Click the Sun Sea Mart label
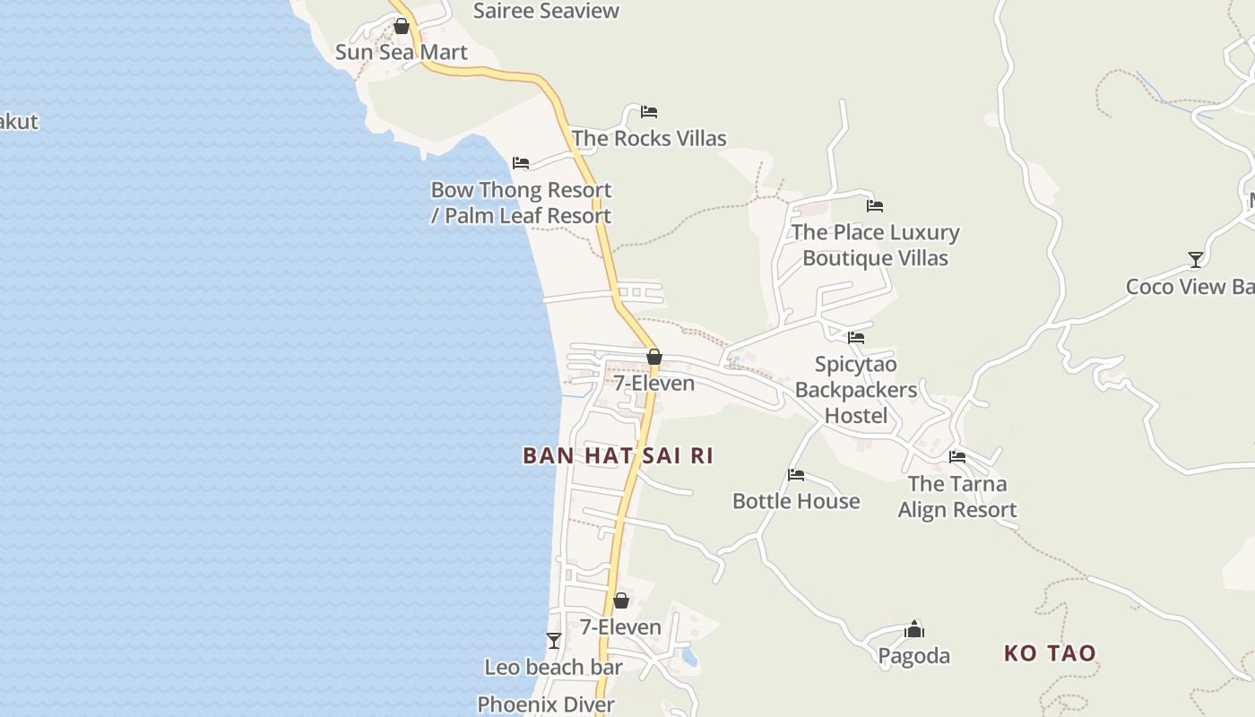point(401,52)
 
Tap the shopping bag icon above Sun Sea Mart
point(402,27)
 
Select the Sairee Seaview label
point(546,11)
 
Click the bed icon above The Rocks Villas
point(649,112)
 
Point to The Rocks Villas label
point(649,138)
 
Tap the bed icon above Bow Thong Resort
point(521,163)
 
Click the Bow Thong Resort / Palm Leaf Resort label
point(521,203)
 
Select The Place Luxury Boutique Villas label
point(875,245)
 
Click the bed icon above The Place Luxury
point(875,206)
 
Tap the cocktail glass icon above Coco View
point(1195,260)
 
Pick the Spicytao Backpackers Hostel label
point(856,390)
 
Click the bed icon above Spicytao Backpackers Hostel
point(856,338)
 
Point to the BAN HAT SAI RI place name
point(618,455)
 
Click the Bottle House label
point(796,501)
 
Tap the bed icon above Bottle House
point(796,475)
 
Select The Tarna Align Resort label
point(957,497)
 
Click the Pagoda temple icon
point(914,629)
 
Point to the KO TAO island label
point(1050,652)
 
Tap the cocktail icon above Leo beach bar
point(554,641)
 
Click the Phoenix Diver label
point(546,704)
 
